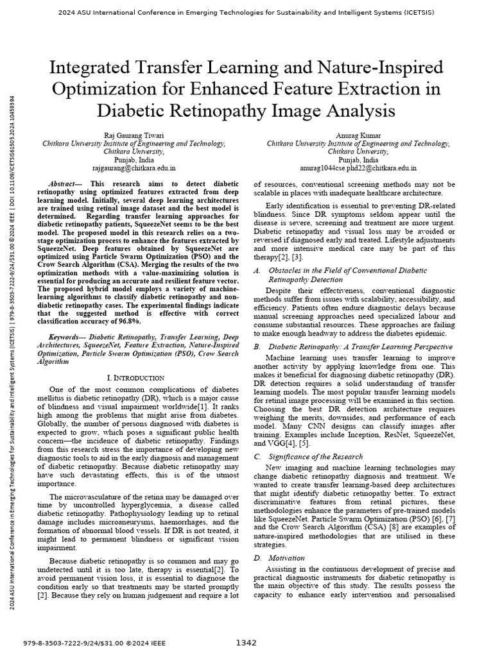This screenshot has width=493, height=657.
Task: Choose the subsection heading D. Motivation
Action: [x=273, y=558]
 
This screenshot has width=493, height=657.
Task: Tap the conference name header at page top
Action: [x=246, y=12]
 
